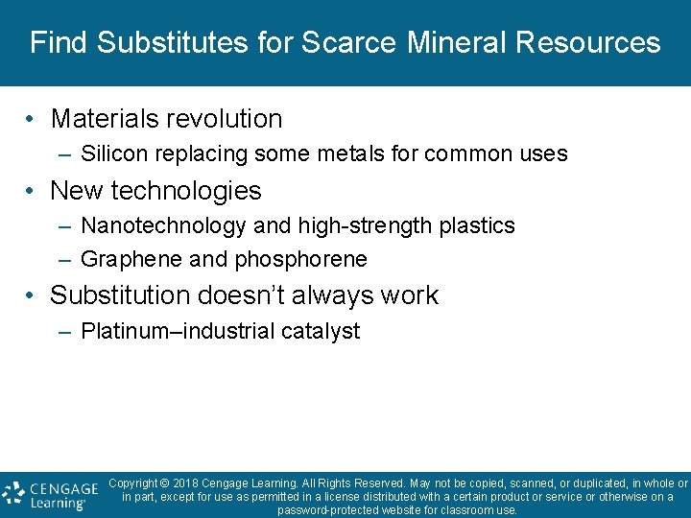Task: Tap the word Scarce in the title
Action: (349, 43)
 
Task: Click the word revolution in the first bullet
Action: (225, 119)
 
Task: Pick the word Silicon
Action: (109, 153)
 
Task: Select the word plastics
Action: (477, 226)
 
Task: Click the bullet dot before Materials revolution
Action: (32, 120)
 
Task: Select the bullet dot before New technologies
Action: (32, 192)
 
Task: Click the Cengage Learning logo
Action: (50, 494)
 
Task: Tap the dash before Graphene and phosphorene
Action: (63, 260)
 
